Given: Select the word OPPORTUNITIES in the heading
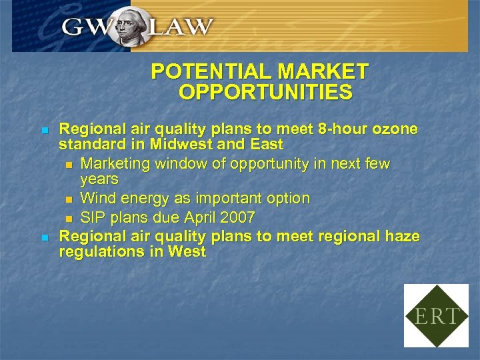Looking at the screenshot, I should (x=265, y=92).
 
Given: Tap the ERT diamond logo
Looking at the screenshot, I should (x=436, y=315).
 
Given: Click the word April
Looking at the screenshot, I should (x=197, y=217).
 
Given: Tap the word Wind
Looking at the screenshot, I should (x=95, y=199).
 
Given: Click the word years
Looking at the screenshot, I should (x=99, y=179).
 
